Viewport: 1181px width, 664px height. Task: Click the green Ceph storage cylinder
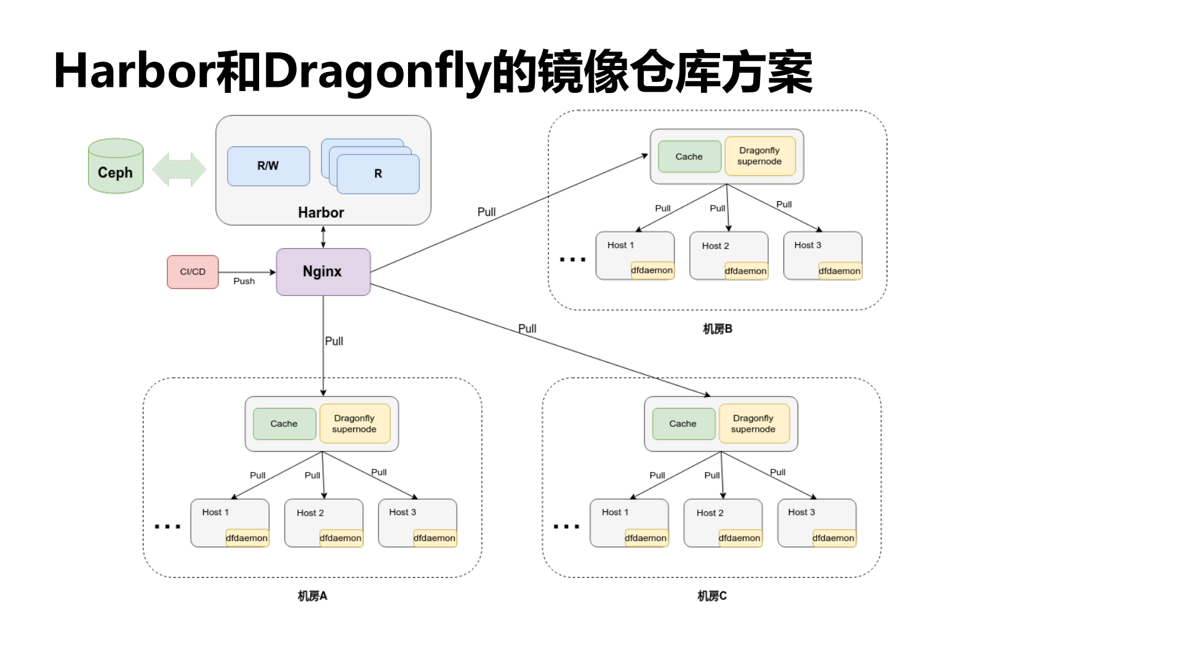coord(116,166)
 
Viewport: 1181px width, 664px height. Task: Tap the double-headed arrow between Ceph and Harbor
coord(179,169)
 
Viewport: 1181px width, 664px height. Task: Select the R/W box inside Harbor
coord(268,166)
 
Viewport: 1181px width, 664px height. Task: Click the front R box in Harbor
coord(378,174)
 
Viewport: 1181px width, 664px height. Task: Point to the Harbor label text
coord(321,212)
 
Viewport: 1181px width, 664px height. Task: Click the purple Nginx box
coord(323,271)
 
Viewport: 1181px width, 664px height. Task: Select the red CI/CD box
coord(193,272)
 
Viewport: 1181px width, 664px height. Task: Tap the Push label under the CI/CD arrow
coord(244,281)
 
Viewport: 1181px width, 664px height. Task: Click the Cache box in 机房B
coord(689,157)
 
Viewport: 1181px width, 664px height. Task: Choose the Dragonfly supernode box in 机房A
coord(354,423)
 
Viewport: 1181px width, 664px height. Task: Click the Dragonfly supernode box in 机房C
coord(753,423)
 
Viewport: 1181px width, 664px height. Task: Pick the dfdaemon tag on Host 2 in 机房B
coord(745,271)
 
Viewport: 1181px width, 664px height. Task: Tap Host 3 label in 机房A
coord(402,512)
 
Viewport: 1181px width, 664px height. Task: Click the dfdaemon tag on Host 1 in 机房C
coord(646,538)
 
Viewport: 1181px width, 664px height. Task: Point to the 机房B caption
coord(718,329)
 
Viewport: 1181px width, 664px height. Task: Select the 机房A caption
coord(312,596)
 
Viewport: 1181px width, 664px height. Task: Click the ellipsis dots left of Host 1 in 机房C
coord(566,527)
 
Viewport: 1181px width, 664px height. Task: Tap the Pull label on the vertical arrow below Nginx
coord(334,341)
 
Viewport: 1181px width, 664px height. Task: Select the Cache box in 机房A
coord(284,423)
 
